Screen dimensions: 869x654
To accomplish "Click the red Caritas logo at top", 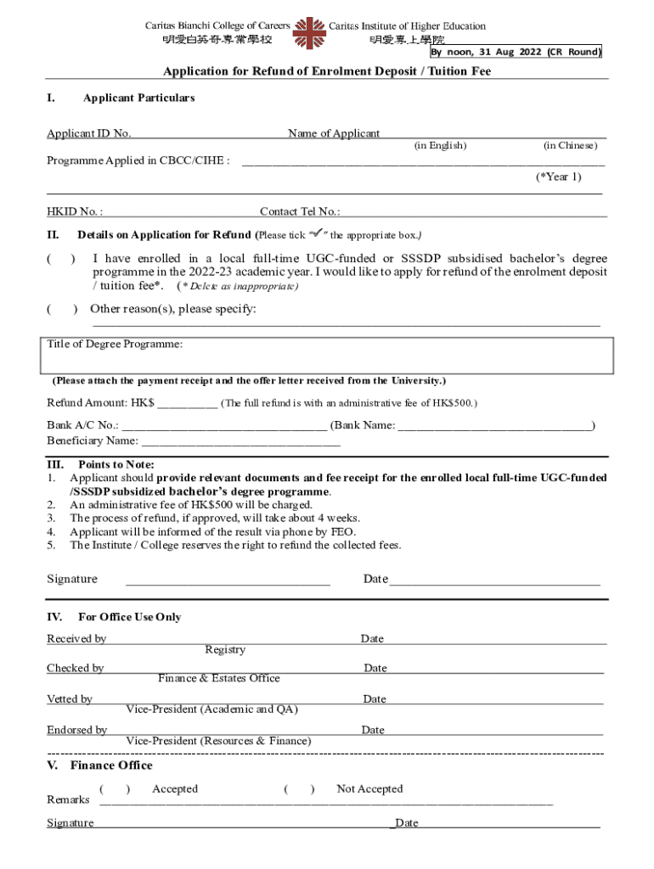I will click(309, 32).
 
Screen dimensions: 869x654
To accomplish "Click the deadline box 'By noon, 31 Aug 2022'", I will click(516, 52).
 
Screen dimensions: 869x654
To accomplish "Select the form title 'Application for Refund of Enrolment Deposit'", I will click(327, 71).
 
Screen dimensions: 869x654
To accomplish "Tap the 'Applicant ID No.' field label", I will click(88, 133).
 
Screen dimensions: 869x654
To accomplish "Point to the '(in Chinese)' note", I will click(570, 146).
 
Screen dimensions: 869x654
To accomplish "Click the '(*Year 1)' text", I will click(558, 177).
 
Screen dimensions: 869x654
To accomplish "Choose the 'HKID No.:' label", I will click(75, 211).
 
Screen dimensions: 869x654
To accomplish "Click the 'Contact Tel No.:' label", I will click(300, 211).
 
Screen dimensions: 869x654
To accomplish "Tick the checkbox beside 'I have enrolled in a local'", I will click(61, 258).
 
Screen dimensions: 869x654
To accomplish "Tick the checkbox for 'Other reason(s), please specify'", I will click(61, 309).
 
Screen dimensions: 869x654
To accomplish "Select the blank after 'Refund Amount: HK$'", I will click(187, 403).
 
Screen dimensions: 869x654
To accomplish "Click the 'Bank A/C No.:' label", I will click(82, 425).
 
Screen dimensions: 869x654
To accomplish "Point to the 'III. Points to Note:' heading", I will click(100, 464).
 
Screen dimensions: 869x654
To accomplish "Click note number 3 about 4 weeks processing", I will click(214, 518).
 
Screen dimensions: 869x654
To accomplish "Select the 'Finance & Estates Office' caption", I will click(218, 678).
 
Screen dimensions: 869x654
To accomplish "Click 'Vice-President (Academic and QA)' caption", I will click(211, 709).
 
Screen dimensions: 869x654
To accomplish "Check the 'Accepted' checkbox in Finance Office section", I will click(115, 789).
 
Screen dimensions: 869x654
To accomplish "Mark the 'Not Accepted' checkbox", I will click(300, 789).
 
